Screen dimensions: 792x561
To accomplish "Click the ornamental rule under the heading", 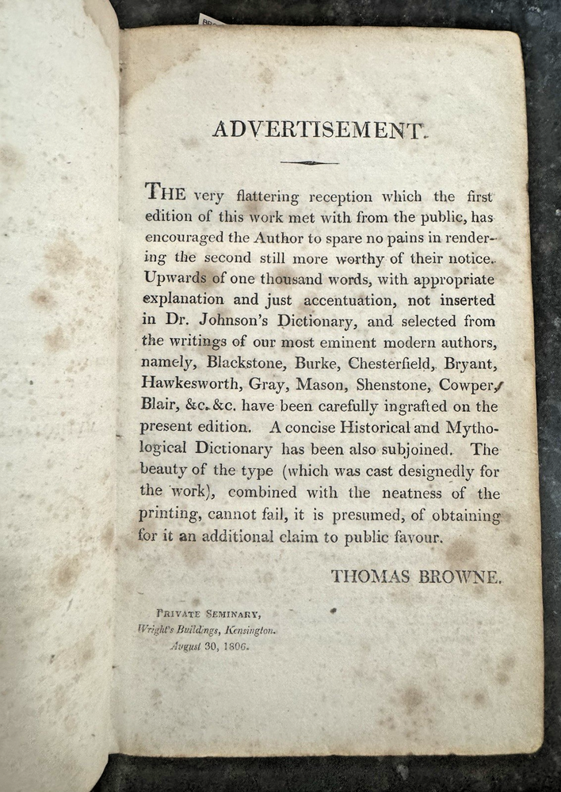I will (x=309, y=163).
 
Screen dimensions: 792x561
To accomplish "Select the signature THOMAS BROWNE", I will (x=417, y=576).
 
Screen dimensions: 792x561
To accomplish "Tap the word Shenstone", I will (x=388, y=385).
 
